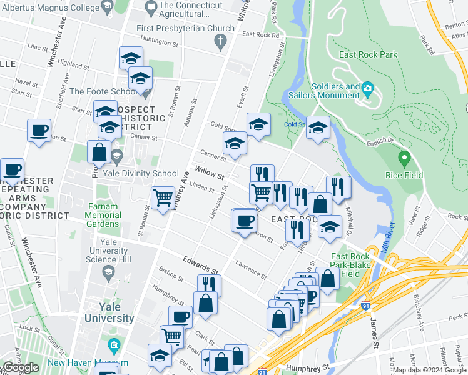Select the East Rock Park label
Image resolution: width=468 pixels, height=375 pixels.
368,54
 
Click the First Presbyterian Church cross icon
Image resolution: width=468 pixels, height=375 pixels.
220,42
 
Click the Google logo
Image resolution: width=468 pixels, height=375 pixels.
21,367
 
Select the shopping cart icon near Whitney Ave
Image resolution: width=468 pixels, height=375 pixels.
163,197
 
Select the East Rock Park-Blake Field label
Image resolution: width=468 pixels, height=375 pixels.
354,265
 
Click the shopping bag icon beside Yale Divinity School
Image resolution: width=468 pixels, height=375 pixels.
99,151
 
